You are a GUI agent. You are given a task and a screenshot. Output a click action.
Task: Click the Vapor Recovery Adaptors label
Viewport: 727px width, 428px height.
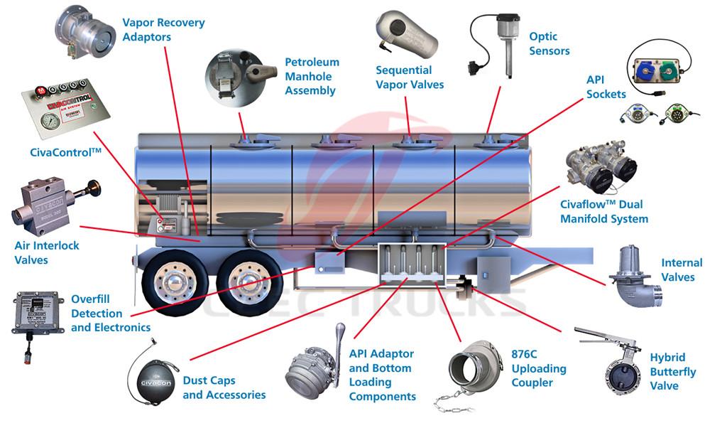(x=163, y=29)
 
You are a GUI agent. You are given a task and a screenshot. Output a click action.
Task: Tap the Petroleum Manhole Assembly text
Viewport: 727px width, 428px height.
(x=312, y=76)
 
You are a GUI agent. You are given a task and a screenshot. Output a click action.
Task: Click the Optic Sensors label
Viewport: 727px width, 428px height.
(x=549, y=43)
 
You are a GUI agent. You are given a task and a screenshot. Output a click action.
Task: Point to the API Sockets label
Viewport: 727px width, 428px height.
(x=606, y=87)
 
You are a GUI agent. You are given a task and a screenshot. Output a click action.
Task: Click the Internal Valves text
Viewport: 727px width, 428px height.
(x=681, y=269)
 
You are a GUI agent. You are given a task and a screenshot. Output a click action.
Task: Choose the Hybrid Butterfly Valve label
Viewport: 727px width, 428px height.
(x=672, y=372)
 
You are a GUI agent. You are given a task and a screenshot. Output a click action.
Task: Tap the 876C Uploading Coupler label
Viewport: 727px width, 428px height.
(x=539, y=368)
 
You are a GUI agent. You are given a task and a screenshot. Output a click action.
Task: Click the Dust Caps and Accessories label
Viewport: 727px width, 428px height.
(x=224, y=387)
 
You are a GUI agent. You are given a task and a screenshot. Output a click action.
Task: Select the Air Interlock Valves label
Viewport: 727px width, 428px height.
(x=47, y=252)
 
